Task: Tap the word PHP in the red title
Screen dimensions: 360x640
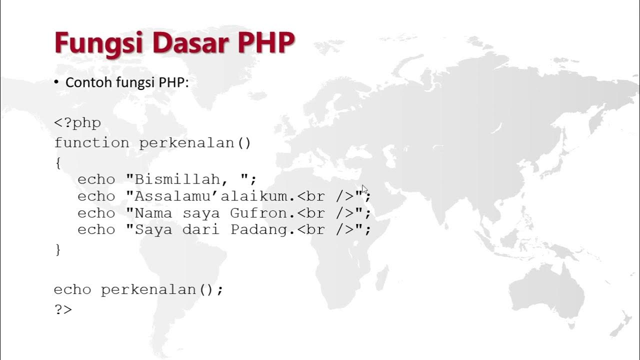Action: [266, 43]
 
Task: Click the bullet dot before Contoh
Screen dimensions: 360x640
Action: [56, 82]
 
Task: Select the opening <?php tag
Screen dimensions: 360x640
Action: [77, 123]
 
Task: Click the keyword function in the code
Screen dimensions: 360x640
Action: [91, 143]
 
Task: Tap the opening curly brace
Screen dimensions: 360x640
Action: [58, 163]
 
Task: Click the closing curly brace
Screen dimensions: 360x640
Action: [58, 249]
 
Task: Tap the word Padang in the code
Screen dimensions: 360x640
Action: [259, 230]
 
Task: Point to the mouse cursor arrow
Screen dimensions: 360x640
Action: [364, 188]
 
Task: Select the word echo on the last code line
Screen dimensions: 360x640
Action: [72, 290]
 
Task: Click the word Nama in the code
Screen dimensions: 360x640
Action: [153, 213]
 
